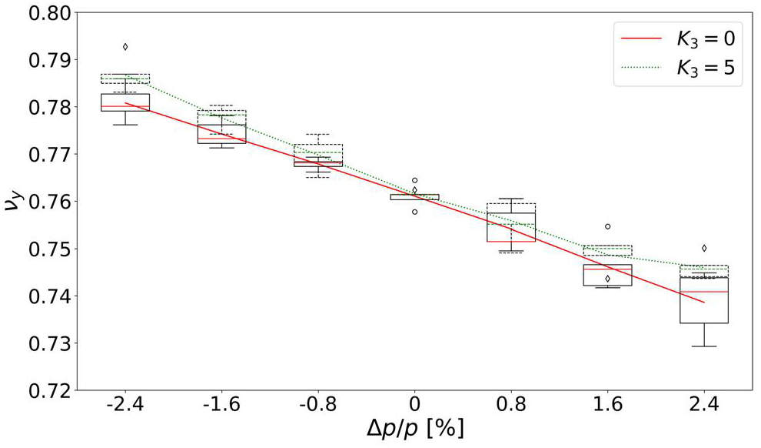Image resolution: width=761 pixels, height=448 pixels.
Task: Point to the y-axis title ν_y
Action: pos(15,202)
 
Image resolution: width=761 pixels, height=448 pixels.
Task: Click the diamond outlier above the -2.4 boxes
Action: pos(125,47)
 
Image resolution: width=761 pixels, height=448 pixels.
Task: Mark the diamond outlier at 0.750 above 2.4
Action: pos(704,248)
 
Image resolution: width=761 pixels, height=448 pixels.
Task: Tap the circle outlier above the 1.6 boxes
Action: pos(607,226)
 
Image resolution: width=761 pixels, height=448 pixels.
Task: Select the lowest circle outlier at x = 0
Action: pos(414,211)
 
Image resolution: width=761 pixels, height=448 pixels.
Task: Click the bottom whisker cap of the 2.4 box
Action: pos(704,346)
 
